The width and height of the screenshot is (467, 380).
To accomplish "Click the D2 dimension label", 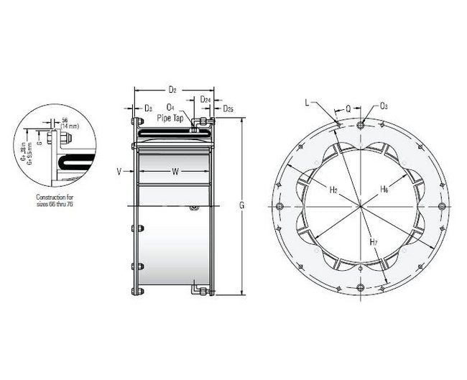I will [x=172, y=90].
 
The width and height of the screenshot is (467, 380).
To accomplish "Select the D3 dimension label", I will [x=148, y=108].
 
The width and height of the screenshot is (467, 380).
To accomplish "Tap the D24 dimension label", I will [x=205, y=99].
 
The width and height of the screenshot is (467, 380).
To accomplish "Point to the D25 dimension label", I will [x=227, y=108].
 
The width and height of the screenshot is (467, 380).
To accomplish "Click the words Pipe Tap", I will [x=175, y=117].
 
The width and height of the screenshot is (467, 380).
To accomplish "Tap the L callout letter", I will [x=307, y=103].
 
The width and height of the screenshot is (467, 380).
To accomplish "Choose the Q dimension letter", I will [x=348, y=109].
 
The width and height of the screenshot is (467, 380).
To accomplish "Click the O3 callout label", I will [x=384, y=106].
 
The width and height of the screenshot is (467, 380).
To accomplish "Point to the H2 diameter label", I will [x=333, y=190].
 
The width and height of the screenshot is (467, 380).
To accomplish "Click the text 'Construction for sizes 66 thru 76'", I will [x=55, y=200].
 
